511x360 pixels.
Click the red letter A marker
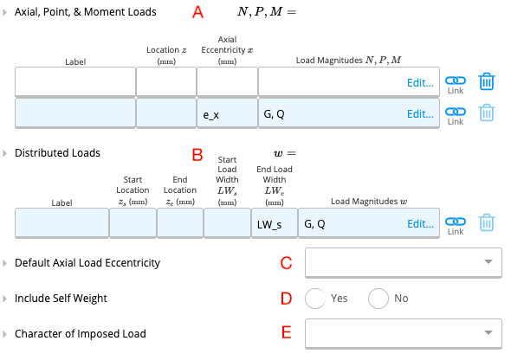pos(197,12)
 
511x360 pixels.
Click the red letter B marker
pos(197,155)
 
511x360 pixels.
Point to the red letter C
pos(286,263)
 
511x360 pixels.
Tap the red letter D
pos(286,299)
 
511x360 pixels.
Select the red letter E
pos(286,332)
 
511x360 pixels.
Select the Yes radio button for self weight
pos(315,299)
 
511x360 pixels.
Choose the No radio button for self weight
pos(378,299)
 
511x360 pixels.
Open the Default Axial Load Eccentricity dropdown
pos(404,262)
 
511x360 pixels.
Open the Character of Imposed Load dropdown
pos(404,333)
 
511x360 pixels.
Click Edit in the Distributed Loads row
pos(420,224)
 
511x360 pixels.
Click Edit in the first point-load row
pos(420,83)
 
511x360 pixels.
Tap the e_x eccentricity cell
pos(227,114)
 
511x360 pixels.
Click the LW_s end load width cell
pos(275,223)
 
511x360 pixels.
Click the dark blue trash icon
pos(487,81)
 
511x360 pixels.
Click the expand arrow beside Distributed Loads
pos(4,153)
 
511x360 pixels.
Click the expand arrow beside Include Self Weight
pos(4,299)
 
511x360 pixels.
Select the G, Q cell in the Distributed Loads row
pos(369,223)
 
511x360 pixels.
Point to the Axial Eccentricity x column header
pos(227,50)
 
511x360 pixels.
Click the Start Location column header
pos(133,190)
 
